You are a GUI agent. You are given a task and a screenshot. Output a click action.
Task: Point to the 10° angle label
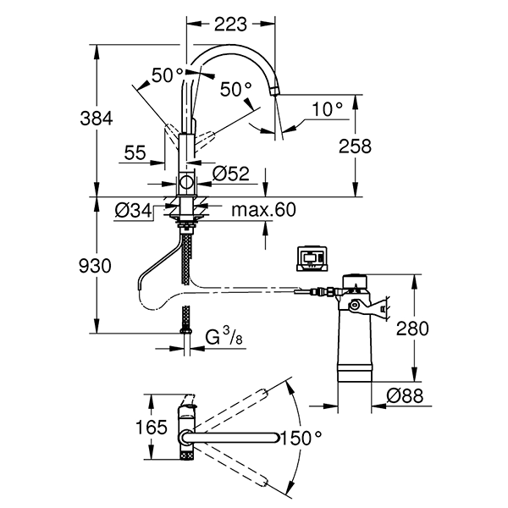point(326,108)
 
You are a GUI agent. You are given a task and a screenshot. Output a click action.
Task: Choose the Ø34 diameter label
point(133,209)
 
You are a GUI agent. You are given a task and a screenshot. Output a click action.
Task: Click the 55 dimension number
point(136,152)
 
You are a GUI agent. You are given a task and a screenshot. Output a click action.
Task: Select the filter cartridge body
point(356,339)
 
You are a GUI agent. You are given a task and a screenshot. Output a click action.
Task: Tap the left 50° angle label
point(168,75)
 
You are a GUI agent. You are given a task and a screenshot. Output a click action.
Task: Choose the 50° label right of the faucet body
point(236,88)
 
